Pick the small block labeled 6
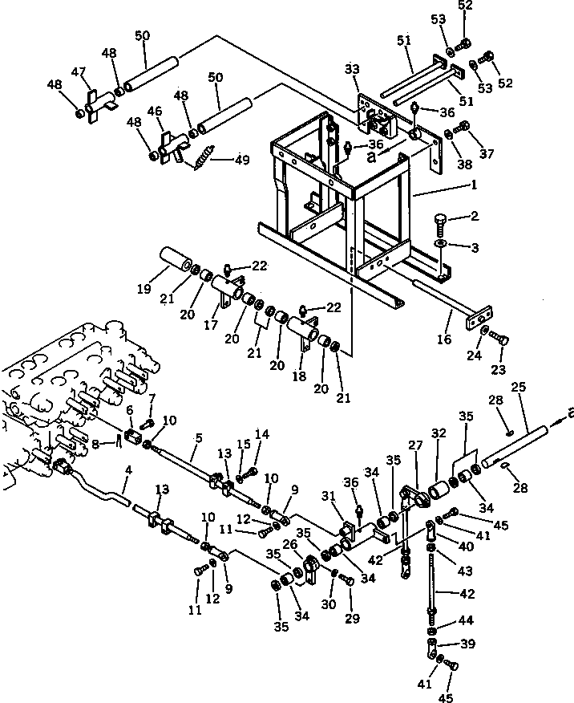133,436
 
